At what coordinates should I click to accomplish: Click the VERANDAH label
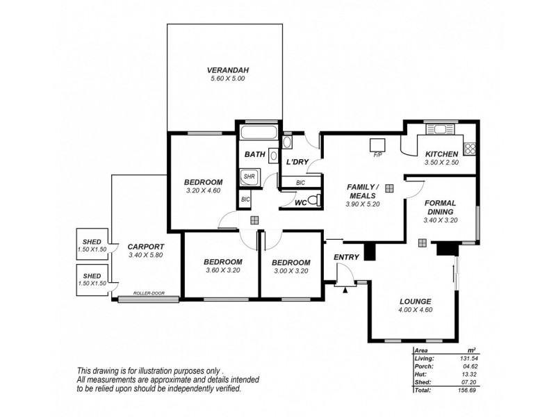click(x=228, y=70)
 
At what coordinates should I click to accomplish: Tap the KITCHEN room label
click(x=441, y=154)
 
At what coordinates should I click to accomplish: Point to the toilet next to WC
click(x=313, y=202)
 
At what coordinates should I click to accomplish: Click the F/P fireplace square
click(x=378, y=144)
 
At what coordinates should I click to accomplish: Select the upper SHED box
click(x=92, y=245)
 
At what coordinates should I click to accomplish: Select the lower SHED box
click(x=92, y=279)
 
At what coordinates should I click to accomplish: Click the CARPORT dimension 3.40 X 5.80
click(x=145, y=255)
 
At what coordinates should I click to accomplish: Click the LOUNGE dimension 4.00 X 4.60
click(x=416, y=310)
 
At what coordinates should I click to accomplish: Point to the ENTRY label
click(x=346, y=258)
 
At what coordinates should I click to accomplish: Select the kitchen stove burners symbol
click(x=469, y=147)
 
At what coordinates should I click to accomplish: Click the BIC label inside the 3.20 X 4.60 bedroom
click(x=245, y=200)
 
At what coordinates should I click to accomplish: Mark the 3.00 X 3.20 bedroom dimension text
click(x=291, y=271)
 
